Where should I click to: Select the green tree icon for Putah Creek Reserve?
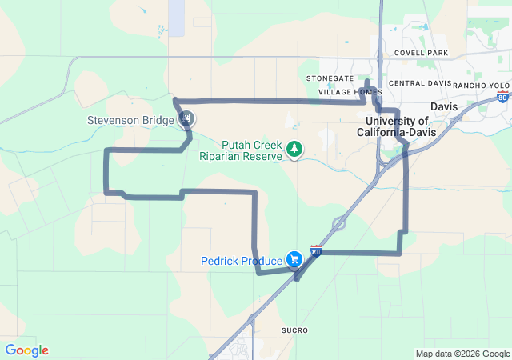295,149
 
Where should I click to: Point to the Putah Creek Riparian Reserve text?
240,150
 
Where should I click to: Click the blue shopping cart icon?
295,259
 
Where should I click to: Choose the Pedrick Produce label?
242,261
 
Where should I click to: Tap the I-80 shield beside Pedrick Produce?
317,251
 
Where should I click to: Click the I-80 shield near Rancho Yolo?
502,97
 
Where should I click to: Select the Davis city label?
443,106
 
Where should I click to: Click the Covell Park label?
421,53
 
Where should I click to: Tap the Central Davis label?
418,83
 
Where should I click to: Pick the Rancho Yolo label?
481,85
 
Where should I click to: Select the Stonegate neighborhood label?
330,78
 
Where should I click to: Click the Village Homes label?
350,92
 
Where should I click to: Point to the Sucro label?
294,330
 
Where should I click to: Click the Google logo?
26,350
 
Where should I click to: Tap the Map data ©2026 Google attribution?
462,354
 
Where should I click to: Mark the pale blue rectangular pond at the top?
176,16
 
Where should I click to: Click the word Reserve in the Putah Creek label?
260,157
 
